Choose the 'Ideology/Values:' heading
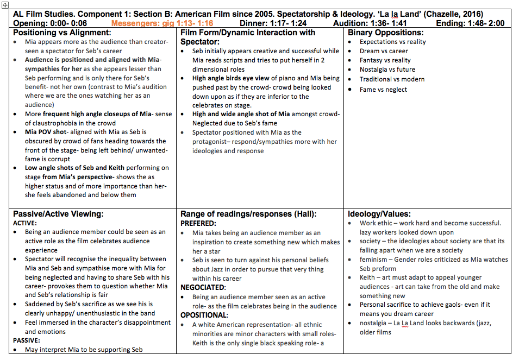pyautogui.click(x=379, y=214)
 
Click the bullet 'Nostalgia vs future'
pyautogui.click(x=387, y=70)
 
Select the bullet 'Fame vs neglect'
pyautogui.click(x=383, y=89)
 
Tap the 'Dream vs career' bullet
pyautogui.click(x=384, y=51)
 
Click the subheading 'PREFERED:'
pyautogui.click(x=198, y=223)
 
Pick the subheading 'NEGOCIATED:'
pyautogui.click(x=203, y=287)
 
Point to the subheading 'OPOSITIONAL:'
pyautogui.click(x=204, y=315)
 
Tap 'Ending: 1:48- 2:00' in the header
pyautogui.click(x=470, y=23)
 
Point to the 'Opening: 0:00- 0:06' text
pyautogui.click(x=49, y=23)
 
